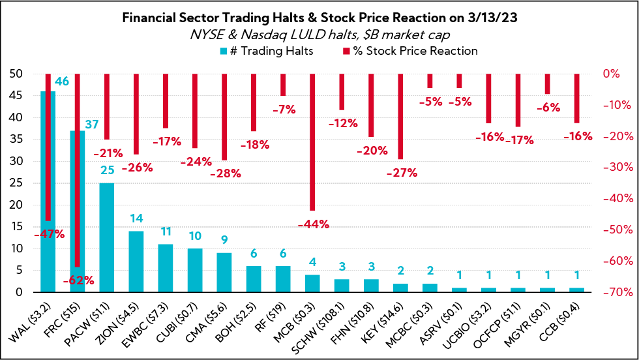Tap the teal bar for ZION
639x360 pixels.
[136, 262]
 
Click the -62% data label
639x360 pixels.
[78, 281]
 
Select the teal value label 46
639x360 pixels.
[61, 82]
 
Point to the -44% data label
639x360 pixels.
[313, 224]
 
